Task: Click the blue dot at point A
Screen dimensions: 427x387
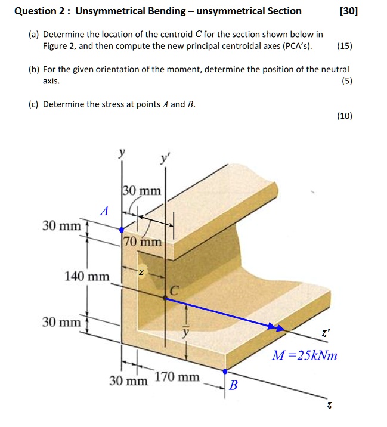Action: (122, 229)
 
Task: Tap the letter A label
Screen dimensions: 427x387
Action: (105, 211)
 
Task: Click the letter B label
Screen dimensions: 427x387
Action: (233, 385)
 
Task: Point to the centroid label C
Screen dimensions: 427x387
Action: (174, 290)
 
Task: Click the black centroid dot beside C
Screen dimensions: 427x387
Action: (165, 298)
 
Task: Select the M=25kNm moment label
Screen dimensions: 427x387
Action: (304, 356)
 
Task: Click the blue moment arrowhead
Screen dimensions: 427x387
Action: (275, 327)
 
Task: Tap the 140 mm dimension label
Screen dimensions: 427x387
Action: (87, 276)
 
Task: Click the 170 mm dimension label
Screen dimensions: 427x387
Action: (177, 377)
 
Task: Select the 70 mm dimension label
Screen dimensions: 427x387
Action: (143, 242)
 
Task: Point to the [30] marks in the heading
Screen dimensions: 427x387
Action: (348, 11)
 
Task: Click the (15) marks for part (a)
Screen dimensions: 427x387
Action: (344, 45)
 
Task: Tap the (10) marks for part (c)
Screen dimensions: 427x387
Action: (344, 116)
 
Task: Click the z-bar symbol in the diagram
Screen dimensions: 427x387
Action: (142, 272)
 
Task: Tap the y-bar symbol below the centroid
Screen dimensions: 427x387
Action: (185, 332)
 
